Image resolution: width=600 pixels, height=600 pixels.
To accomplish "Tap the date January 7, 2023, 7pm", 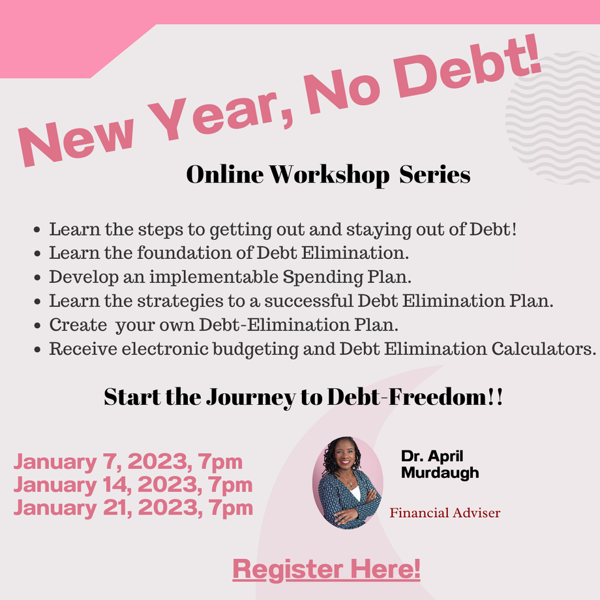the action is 128,462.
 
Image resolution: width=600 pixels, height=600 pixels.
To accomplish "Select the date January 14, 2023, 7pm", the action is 133,485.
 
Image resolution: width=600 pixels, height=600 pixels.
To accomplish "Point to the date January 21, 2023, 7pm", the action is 133,508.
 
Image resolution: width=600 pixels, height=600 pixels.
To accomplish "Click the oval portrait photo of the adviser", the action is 348,483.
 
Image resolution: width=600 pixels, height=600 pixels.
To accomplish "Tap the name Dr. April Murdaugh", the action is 440,464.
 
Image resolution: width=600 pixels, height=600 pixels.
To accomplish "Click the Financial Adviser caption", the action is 445,513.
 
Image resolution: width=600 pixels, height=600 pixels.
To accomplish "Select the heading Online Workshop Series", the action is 328,175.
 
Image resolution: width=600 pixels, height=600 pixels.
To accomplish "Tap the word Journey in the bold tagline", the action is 251,397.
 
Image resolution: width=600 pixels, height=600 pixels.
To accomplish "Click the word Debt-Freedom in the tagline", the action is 407,397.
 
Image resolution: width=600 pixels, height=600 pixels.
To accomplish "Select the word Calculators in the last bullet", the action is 543,349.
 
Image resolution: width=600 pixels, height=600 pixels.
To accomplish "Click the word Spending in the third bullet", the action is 323,277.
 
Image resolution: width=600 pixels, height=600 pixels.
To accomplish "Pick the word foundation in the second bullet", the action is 185,252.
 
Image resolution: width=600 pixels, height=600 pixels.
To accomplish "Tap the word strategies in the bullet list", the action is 180,301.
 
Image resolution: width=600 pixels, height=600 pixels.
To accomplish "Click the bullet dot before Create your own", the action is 37,325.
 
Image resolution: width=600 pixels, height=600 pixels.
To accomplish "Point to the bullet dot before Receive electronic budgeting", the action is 37,350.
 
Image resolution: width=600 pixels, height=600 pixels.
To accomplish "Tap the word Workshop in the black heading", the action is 329,175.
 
